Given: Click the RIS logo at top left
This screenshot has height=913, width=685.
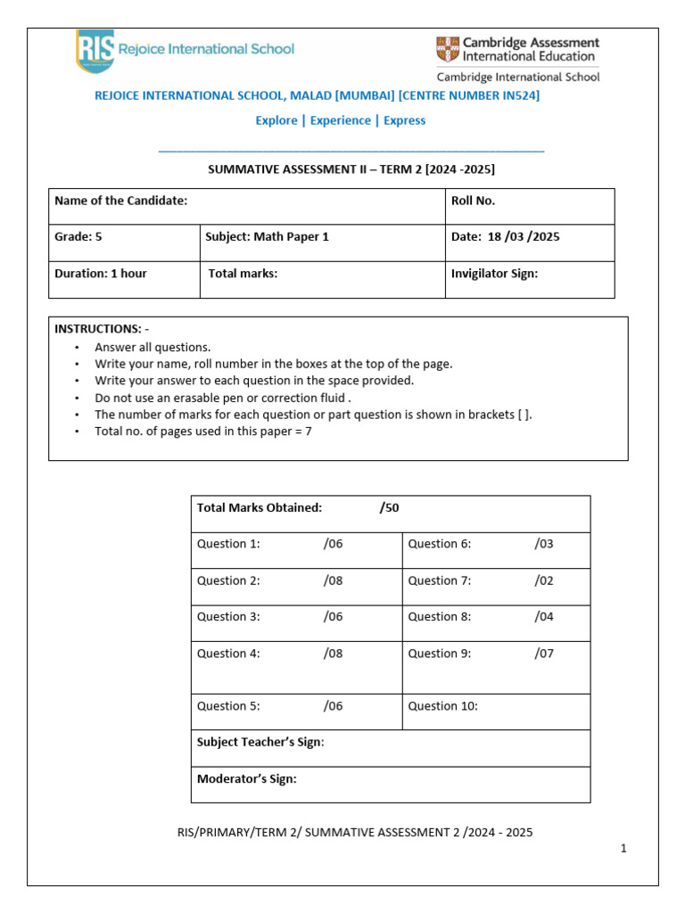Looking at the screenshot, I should click(x=95, y=51).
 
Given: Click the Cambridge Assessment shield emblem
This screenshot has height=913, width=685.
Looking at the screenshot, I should click(x=447, y=49).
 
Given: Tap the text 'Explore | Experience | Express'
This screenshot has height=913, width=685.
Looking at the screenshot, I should click(x=341, y=120).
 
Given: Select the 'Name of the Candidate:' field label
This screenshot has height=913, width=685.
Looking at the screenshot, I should click(x=121, y=201).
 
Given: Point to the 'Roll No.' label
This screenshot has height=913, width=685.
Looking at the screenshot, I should click(x=473, y=201).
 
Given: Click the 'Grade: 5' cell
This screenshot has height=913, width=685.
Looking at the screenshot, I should click(x=85, y=237).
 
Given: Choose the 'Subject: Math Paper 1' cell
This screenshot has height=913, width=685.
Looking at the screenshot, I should click(x=267, y=237).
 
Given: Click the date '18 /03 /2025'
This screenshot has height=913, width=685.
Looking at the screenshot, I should click(x=524, y=237).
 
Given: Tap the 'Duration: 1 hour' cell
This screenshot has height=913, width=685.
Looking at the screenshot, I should click(x=101, y=274).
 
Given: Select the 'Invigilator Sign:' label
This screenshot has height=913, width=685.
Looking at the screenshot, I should click(x=494, y=274).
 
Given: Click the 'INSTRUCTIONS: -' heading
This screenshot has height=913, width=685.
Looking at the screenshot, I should click(x=102, y=329).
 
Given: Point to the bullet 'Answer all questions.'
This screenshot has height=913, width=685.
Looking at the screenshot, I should click(x=153, y=348).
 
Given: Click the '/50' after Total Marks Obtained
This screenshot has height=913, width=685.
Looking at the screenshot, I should click(x=389, y=507).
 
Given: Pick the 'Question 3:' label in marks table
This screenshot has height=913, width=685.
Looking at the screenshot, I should click(x=228, y=617).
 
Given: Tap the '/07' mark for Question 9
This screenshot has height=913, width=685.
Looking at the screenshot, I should click(x=544, y=654).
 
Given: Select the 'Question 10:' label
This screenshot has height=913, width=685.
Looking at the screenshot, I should click(x=442, y=706).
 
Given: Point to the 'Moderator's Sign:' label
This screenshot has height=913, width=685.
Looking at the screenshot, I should click(x=247, y=779).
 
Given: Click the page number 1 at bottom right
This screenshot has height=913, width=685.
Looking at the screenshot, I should click(x=624, y=849).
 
